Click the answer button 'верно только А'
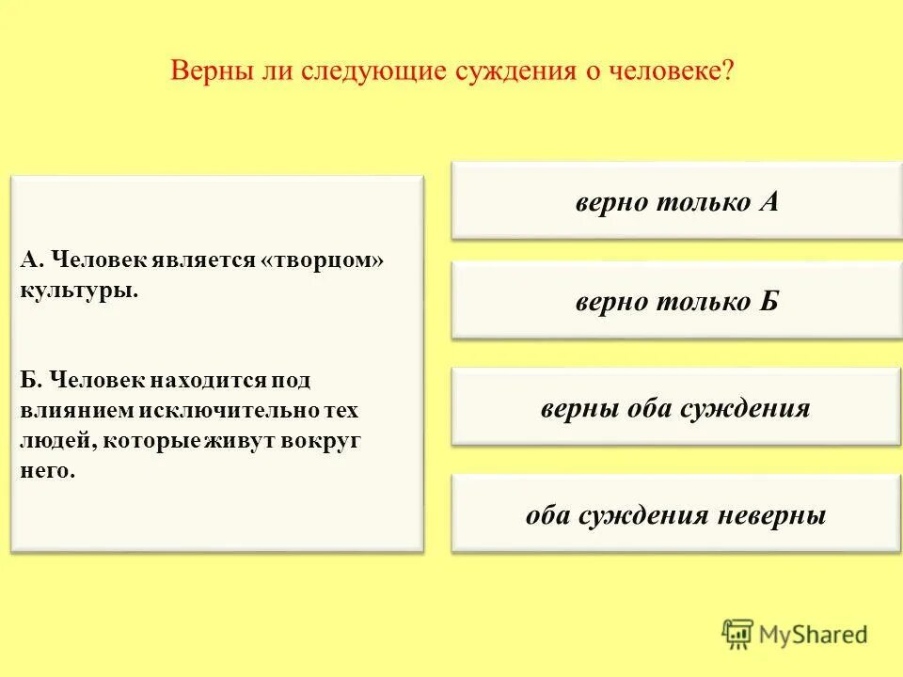(676, 202)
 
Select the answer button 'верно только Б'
(676, 302)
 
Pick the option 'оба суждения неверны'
(675, 515)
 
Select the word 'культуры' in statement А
(78, 290)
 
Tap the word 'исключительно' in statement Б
(234, 411)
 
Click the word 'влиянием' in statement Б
(78, 411)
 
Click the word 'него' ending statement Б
(46, 470)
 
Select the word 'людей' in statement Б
(52, 440)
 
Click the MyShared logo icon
(737, 634)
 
